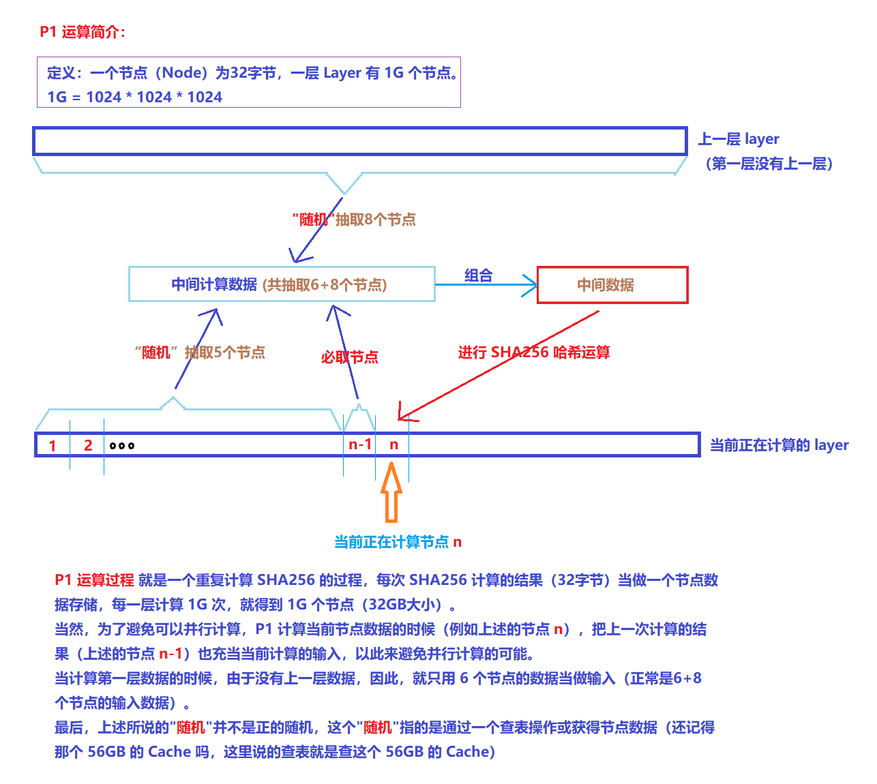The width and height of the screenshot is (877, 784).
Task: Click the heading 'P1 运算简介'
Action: pyautogui.click(x=83, y=32)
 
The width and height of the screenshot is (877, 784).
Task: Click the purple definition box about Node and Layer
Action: pyautogui.click(x=249, y=82)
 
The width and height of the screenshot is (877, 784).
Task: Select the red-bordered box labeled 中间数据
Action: pyautogui.click(x=612, y=285)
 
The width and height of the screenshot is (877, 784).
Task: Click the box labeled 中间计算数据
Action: pyautogui.click(x=282, y=284)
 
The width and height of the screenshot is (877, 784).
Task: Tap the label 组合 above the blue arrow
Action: pyautogui.click(x=478, y=275)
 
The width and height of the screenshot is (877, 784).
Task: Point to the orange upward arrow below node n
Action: pyautogui.click(x=391, y=492)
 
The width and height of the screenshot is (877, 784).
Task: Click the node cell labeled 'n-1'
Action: pyautogui.click(x=360, y=444)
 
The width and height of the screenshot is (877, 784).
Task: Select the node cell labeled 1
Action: pyautogui.click(x=53, y=446)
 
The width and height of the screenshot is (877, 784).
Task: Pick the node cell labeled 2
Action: pyautogui.click(x=88, y=445)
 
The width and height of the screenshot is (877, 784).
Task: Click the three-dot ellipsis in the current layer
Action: pyautogui.click(x=122, y=446)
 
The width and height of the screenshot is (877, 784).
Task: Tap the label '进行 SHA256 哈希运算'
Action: pyautogui.click(x=534, y=352)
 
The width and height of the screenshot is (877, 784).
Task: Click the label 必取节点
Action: pyautogui.click(x=349, y=357)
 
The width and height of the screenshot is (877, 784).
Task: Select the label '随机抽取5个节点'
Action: pyautogui.click(x=200, y=352)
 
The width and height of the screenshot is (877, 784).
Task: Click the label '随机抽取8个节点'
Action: pyautogui.click(x=354, y=220)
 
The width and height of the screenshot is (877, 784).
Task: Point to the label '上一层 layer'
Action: pyautogui.click(x=739, y=139)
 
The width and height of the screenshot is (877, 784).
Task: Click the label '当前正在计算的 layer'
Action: pyautogui.click(x=779, y=445)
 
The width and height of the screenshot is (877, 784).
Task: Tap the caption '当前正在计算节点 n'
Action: pyautogui.click(x=398, y=542)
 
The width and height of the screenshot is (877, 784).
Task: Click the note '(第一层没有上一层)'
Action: pyautogui.click(x=769, y=164)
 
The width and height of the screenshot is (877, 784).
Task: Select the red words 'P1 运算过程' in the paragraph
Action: pyautogui.click(x=94, y=580)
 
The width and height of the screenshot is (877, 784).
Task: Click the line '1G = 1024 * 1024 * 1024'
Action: pyautogui.click(x=134, y=97)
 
